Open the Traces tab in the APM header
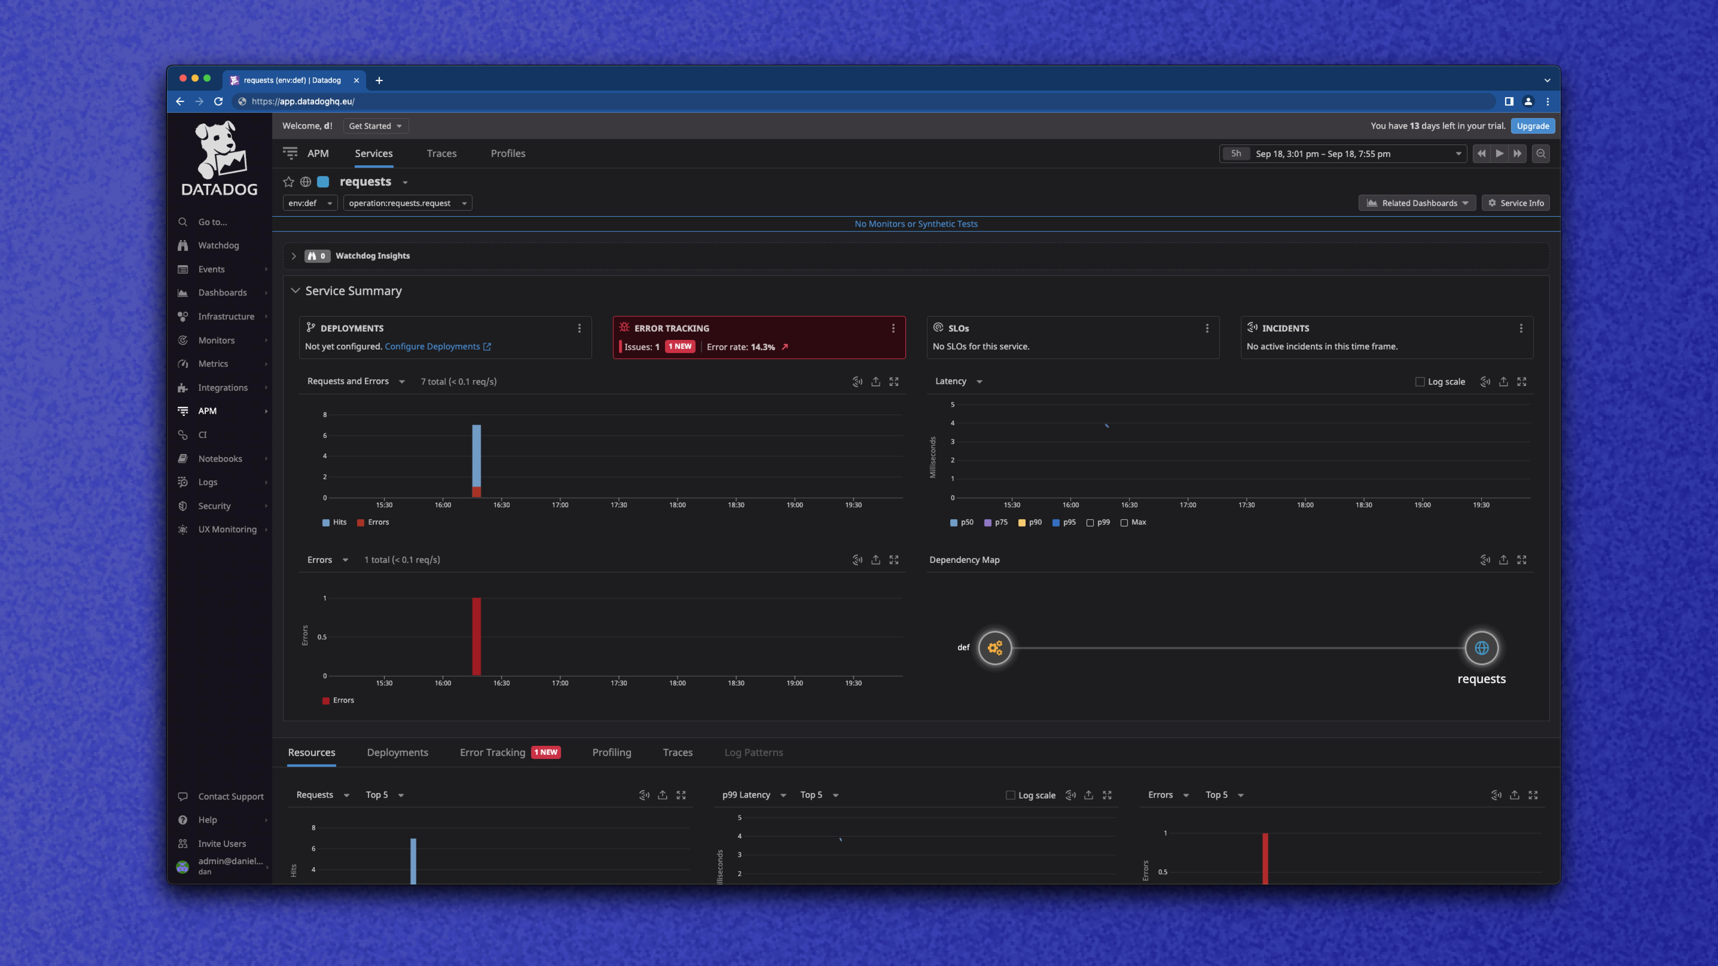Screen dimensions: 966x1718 pos(442,153)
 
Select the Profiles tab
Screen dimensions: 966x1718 pos(508,153)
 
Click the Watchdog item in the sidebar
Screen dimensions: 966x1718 pos(218,245)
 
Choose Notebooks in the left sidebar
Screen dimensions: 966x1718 pos(219,459)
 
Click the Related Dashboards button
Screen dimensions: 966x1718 pos(1416,203)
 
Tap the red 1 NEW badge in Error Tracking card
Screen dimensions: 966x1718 pos(680,347)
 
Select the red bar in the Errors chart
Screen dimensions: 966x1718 pos(476,637)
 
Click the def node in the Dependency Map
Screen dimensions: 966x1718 pos(995,648)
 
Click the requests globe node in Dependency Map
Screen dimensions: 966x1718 pos(1481,648)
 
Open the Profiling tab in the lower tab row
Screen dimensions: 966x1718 pos(611,753)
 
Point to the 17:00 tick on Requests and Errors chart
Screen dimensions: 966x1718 pos(560,505)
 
